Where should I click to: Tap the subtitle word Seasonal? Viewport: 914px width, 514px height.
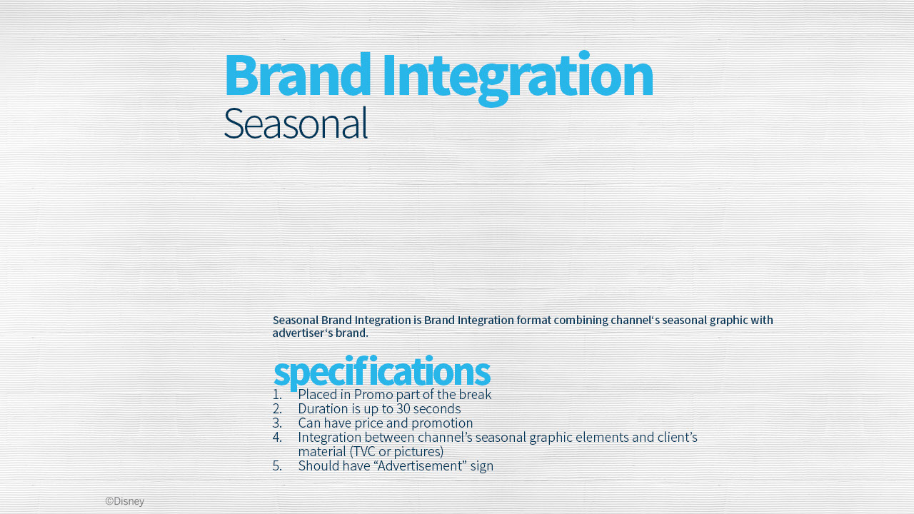point(296,124)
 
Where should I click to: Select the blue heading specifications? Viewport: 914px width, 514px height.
point(381,371)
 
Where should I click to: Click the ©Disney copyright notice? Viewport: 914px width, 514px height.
point(125,501)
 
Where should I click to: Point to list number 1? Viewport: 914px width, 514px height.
point(277,395)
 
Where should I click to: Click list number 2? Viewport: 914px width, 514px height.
point(277,409)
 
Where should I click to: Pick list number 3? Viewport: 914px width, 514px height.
point(277,423)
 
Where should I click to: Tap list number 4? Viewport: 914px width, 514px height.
point(277,438)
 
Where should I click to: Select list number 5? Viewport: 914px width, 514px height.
point(277,466)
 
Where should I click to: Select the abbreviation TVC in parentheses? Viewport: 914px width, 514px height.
point(364,452)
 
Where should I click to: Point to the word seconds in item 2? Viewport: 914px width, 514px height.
point(437,409)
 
